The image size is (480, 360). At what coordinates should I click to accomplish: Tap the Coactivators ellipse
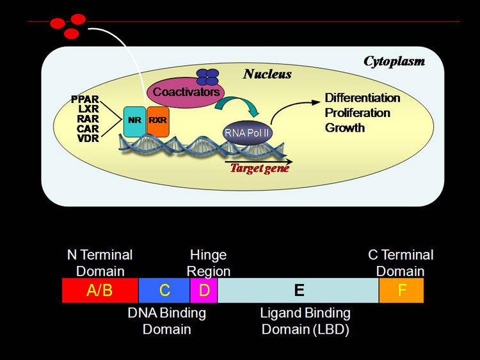[x=182, y=93]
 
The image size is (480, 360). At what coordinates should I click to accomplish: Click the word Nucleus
[x=267, y=74]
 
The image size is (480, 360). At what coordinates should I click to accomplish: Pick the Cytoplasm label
[x=394, y=61]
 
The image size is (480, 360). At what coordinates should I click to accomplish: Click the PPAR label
[x=86, y=99]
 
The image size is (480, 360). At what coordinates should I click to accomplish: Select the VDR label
[x=87, y=137]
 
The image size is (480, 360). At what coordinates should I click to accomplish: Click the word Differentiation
[x=362, y=98]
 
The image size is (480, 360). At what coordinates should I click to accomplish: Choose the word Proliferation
[x=357, y=113]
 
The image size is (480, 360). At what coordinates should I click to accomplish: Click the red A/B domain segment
[x=100, y=290]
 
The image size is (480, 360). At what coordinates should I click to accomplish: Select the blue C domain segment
[x=164, y=290]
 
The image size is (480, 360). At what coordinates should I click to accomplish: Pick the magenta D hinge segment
[x=204, y=290]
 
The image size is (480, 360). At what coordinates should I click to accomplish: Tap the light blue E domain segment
[x=298, y=290]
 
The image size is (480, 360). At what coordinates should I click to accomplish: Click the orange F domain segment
[x=401, y=290]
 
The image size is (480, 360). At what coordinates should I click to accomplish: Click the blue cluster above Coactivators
[x=207, y=77]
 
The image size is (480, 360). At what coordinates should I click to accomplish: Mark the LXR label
[x=88, y=109]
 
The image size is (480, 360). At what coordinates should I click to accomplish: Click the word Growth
[x=345, y=127]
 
